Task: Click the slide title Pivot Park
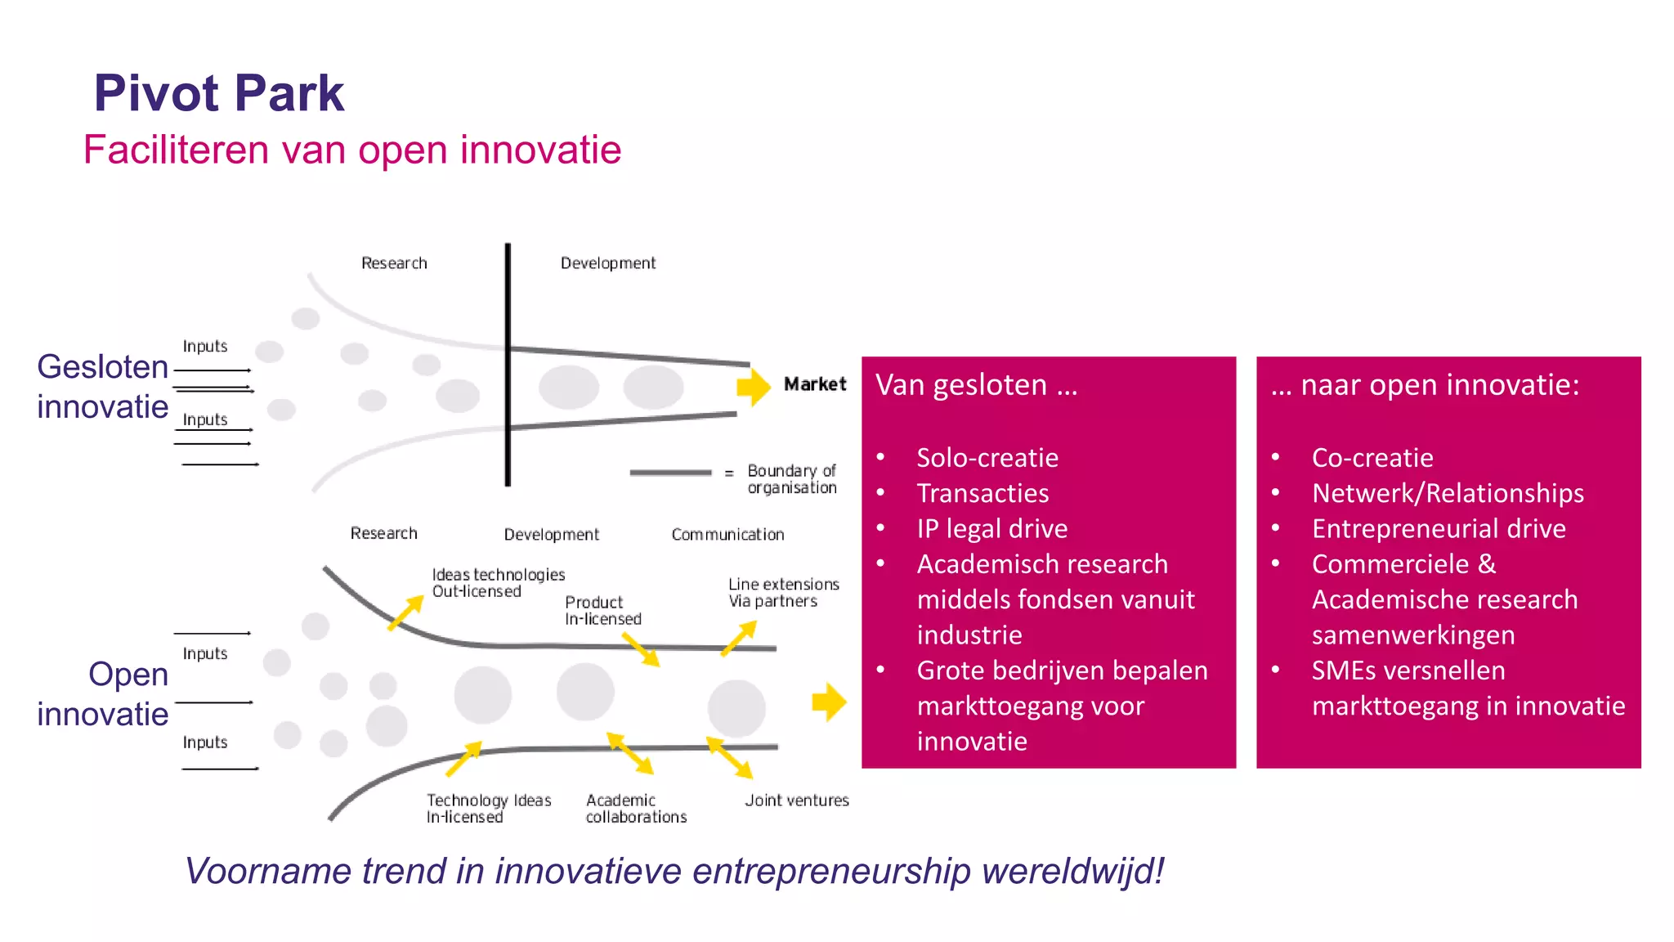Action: pyautogui.click(x=219, y=93)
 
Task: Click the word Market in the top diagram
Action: pyautogui.click(x=815, y=384)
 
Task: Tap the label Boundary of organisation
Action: pyautogui.click(x=791, y=479)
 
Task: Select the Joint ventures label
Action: pyautogui.click(x=797, y=801)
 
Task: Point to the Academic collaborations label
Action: pyautogui.click(x=636, y=809)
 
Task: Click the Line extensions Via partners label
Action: pyautogui.click(x=783, y=593)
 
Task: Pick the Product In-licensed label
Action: pyautogui.click(x=602, y=611)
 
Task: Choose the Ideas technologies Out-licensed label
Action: pyautogui.click(x=498, y=583)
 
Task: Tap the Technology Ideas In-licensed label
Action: pyautogui.click(x=488, y=809)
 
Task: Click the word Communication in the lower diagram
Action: pyautogui.click(x=727, y=535)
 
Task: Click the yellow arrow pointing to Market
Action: pyautogui.click(x=753, y=387)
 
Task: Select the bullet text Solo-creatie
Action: pyautogui.click(x=987, y=458)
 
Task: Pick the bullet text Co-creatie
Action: pyautogui.click(x=1372, y=458)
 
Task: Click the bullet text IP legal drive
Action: pyautogui.click(x=991, y=529)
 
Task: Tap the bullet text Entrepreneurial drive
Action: pyautogui.click(x=1439, y=529)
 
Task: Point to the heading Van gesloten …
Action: pyautogui.click(x=977, y=385)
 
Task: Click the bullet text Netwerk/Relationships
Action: pyautogui.click(x=1448, y=493)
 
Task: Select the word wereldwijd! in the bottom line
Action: pyautogui.click(x=1072, y=871)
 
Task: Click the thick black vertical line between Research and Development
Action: pyautogui.click(x=508, y=364)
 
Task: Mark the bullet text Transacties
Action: pyautogui.click(x=982, y=493)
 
